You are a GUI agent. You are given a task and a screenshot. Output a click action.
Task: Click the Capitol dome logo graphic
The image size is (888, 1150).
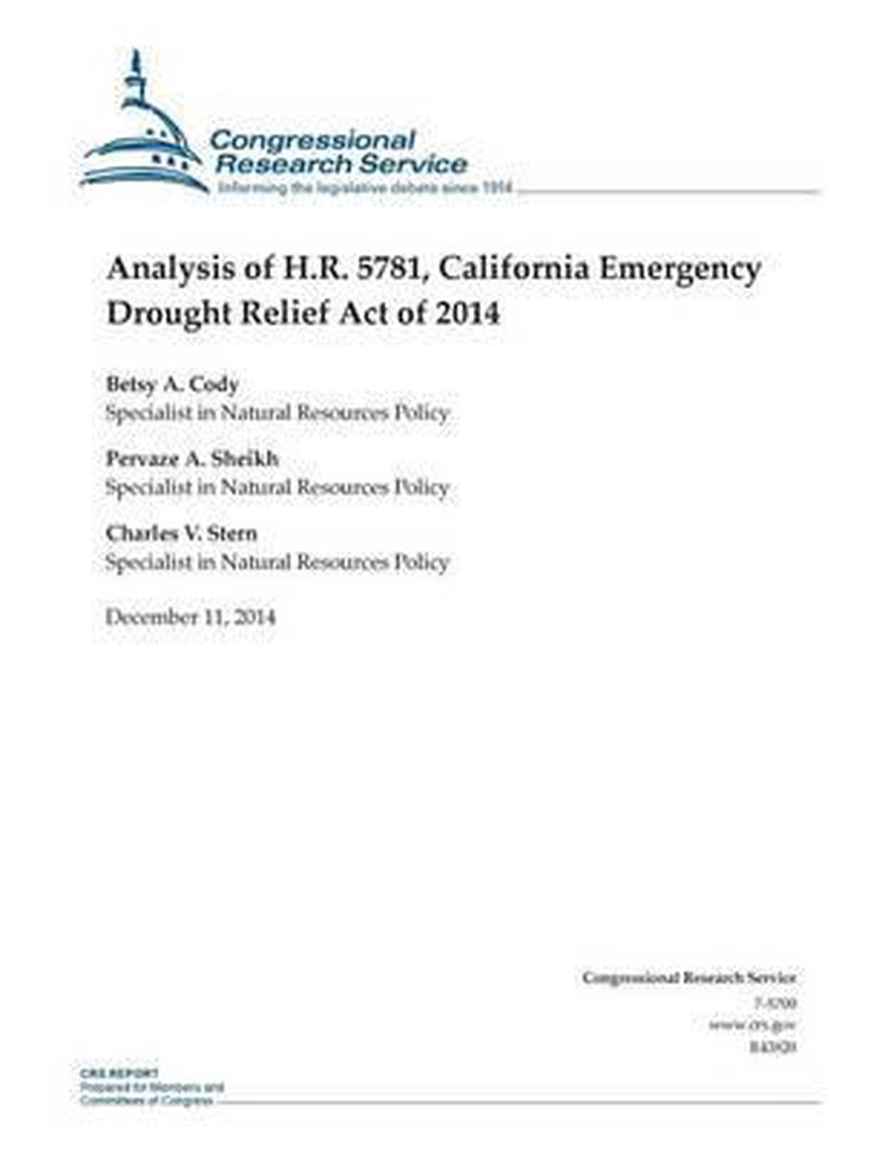[x=144, y=134]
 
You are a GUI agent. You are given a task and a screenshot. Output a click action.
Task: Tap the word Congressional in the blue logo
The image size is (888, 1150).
[x=313, y=140]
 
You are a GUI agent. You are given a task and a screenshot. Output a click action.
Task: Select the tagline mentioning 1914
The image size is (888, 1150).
[x=366, y=189]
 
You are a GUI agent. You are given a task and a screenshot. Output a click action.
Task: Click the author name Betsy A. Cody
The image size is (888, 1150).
[x=172, y=384]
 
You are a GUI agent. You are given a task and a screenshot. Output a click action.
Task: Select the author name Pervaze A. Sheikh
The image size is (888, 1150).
[x=192, y=459]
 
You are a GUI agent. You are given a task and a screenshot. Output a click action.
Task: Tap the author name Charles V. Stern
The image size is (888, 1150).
[x=182, y=534]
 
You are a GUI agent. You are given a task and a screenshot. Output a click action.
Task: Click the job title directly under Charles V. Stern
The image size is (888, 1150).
[x=277, y=562]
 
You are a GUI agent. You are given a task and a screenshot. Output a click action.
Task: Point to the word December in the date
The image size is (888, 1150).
[x=150, y=616]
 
